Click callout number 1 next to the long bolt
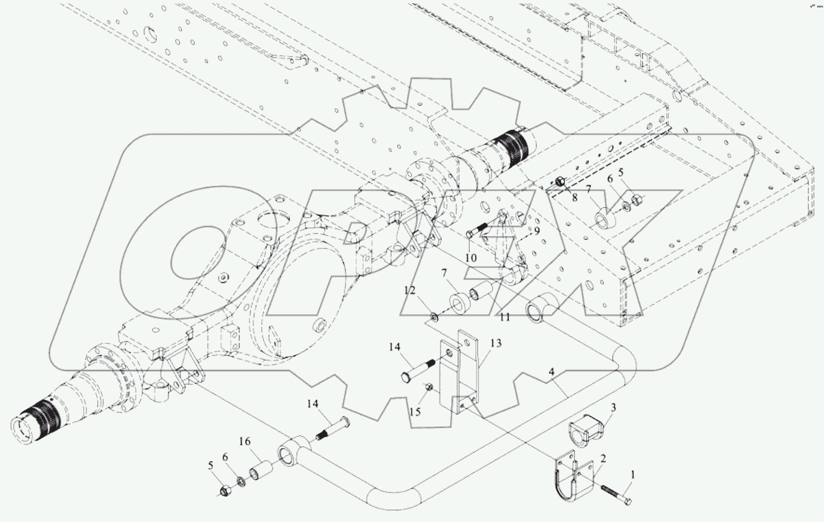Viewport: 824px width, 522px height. [x=632, y=474]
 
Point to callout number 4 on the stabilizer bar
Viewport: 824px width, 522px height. [x=552, y=374]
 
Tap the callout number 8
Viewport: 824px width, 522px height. [x=574, y=198]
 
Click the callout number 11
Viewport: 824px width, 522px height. [x=505, y=317]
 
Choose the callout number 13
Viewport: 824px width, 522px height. [x=495, y=343]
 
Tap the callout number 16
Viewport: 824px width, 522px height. [x=246, y=441]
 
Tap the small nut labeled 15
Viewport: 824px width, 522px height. [x=429, y=389]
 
